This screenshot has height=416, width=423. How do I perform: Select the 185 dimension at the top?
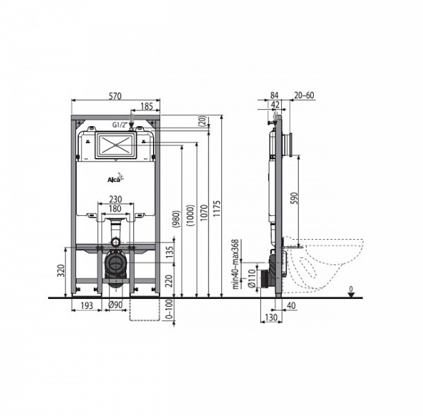point(147,106)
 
